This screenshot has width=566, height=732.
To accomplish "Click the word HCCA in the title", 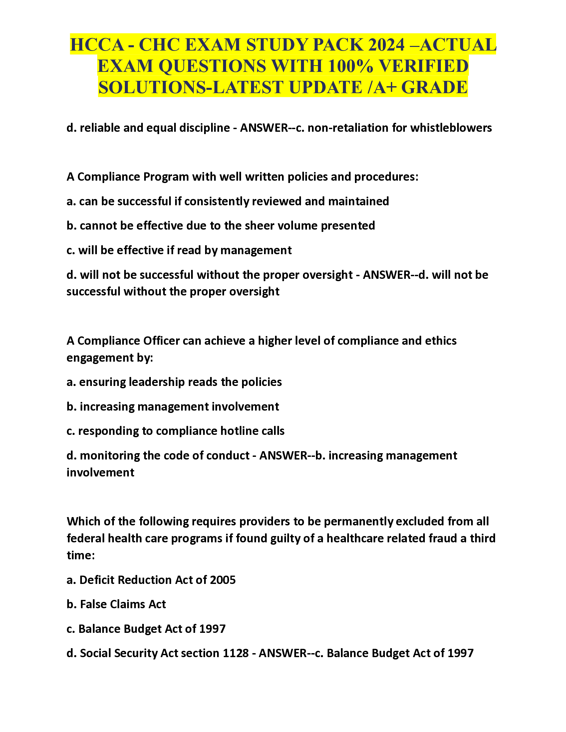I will [x=97, y=45].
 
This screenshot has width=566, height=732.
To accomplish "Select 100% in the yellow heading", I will [x=350, y=66].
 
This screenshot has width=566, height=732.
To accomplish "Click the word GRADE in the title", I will [x=434, y=88].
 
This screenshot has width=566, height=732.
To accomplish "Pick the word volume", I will [x=297, y=226].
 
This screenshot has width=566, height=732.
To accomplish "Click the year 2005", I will [x=223, y=580].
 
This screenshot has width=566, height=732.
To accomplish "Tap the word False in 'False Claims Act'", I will [x=93, y=604].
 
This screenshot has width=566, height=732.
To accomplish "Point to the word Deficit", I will [x=97, y=580].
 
